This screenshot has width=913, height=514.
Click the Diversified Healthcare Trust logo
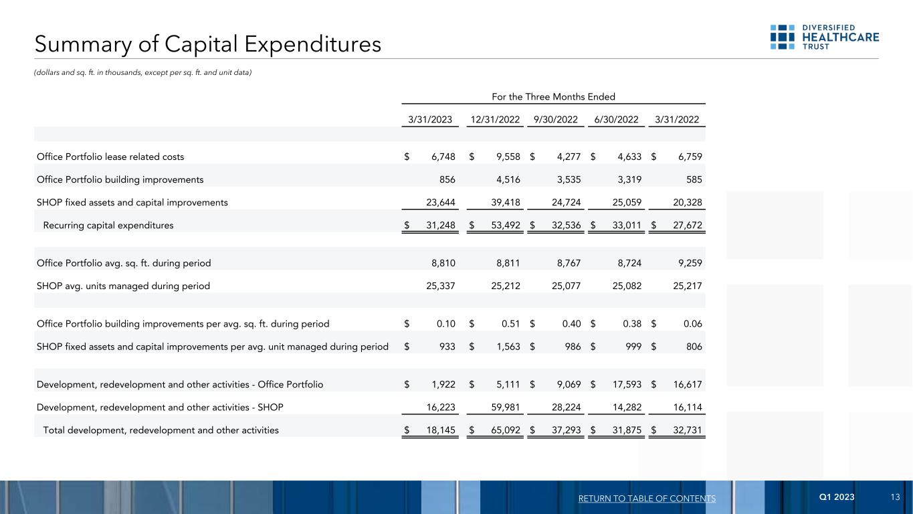pos(824,37)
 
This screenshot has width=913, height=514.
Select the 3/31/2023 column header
pos(430,120)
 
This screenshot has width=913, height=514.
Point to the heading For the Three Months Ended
pos(553,96)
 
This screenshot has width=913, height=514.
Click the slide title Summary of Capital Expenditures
pos(208,44)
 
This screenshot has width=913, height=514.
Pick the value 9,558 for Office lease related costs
pos(507,157)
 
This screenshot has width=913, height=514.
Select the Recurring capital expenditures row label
pos(108,226)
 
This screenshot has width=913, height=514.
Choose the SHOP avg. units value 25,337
pos(441,286)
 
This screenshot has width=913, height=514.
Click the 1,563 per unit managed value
pos(507,347)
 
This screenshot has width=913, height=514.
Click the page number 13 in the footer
pos(896,497)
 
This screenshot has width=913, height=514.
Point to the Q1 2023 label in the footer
pos(837,497)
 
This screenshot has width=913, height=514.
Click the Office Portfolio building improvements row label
pos(120,179)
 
